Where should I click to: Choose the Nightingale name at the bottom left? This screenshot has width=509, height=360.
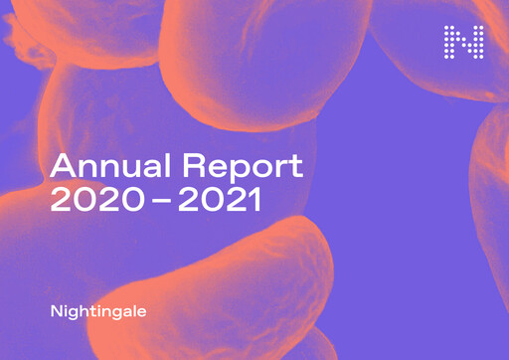97,311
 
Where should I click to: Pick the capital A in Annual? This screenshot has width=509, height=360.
62,166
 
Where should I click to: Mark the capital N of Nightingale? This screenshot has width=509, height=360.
56,310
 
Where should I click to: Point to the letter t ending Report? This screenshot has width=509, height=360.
296,167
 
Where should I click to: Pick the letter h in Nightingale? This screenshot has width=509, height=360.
83,310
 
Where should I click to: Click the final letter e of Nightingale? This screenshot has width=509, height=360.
140,311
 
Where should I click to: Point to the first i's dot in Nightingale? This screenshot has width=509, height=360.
65,305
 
